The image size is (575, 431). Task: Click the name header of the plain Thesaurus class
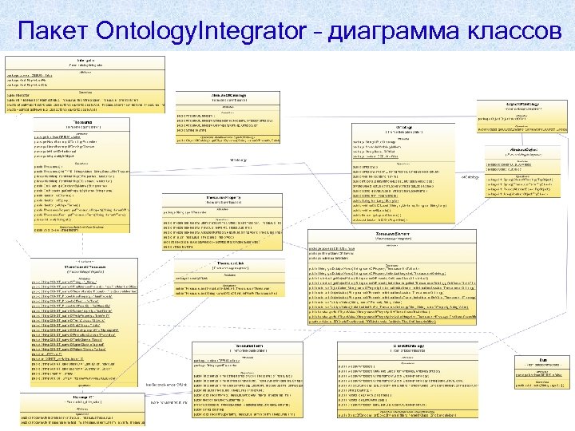click(82, 122)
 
